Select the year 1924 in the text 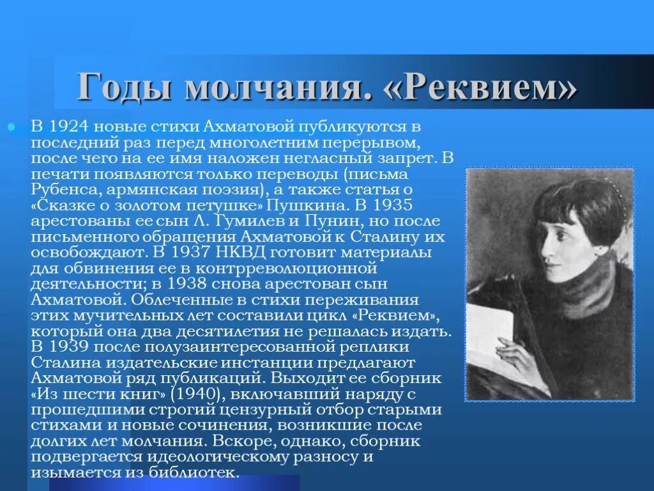pos(67,126)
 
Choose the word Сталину pos(370,237)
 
